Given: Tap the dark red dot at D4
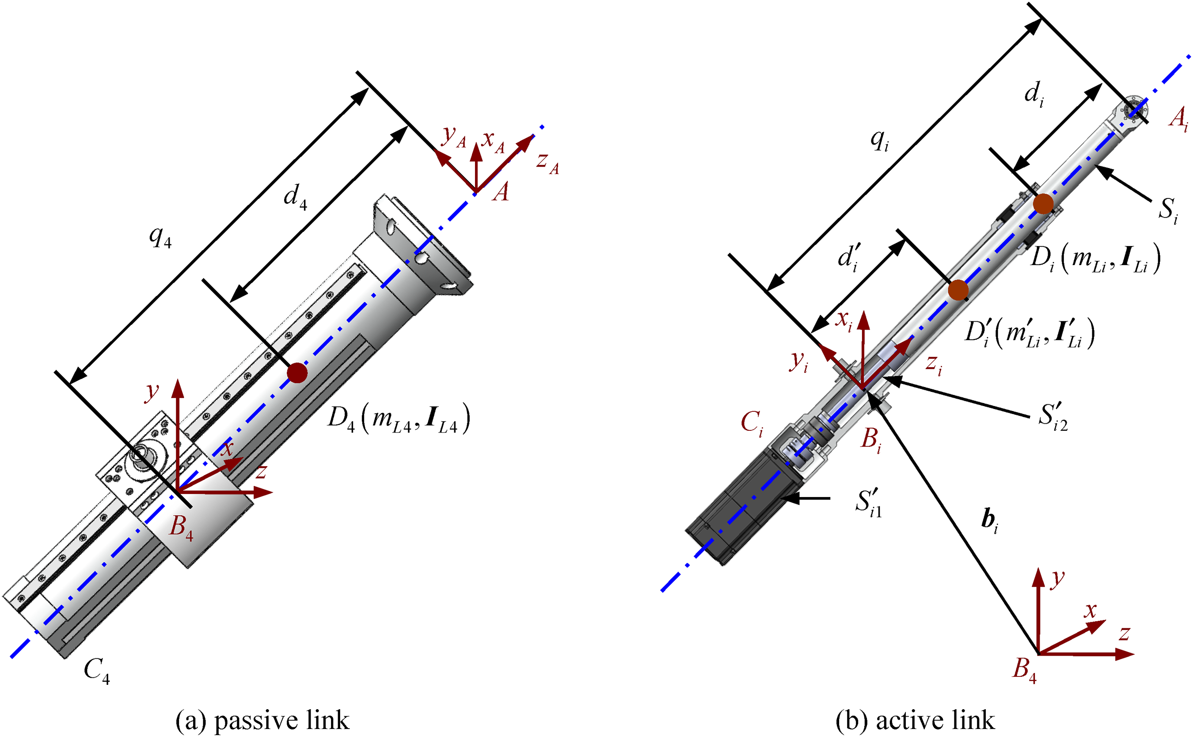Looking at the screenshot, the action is click(297, 373).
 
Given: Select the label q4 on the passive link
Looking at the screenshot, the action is click(160, 238).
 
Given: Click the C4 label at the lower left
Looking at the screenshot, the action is click(97, 671).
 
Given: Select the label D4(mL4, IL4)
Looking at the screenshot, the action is click(399, 418).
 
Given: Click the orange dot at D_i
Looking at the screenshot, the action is click(1043, 203).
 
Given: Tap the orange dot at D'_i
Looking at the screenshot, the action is click(958, 290).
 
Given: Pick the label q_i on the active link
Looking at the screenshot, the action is click(880, 141).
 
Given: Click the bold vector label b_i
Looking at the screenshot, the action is click(989, 520).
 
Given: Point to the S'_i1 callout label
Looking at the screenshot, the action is click(868, 502).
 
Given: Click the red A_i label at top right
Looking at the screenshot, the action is click(1179, 119).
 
